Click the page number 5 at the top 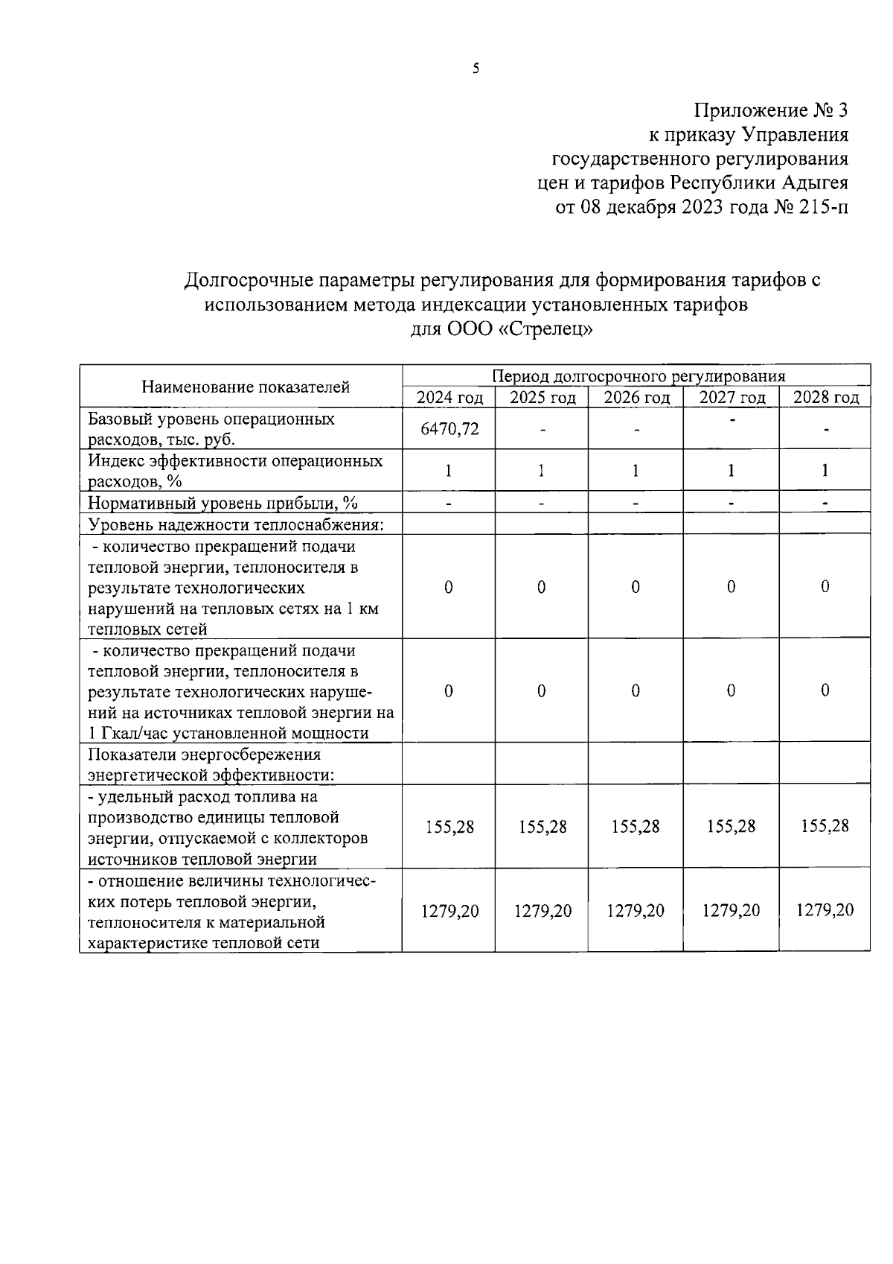point(476,69)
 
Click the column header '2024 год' point(449,398)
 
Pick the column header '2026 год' point(636,398)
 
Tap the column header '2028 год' point(825,398)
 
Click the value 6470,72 point(449,428)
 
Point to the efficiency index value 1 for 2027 point(732,470)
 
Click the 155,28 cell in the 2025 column point(542,827)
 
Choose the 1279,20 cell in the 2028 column point(825,910)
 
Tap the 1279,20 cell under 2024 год point(449,910)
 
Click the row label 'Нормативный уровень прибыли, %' point(223,504)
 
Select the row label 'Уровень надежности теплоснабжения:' point(236,524)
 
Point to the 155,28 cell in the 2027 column point(732,827)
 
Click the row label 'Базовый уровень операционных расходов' point(211,428)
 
